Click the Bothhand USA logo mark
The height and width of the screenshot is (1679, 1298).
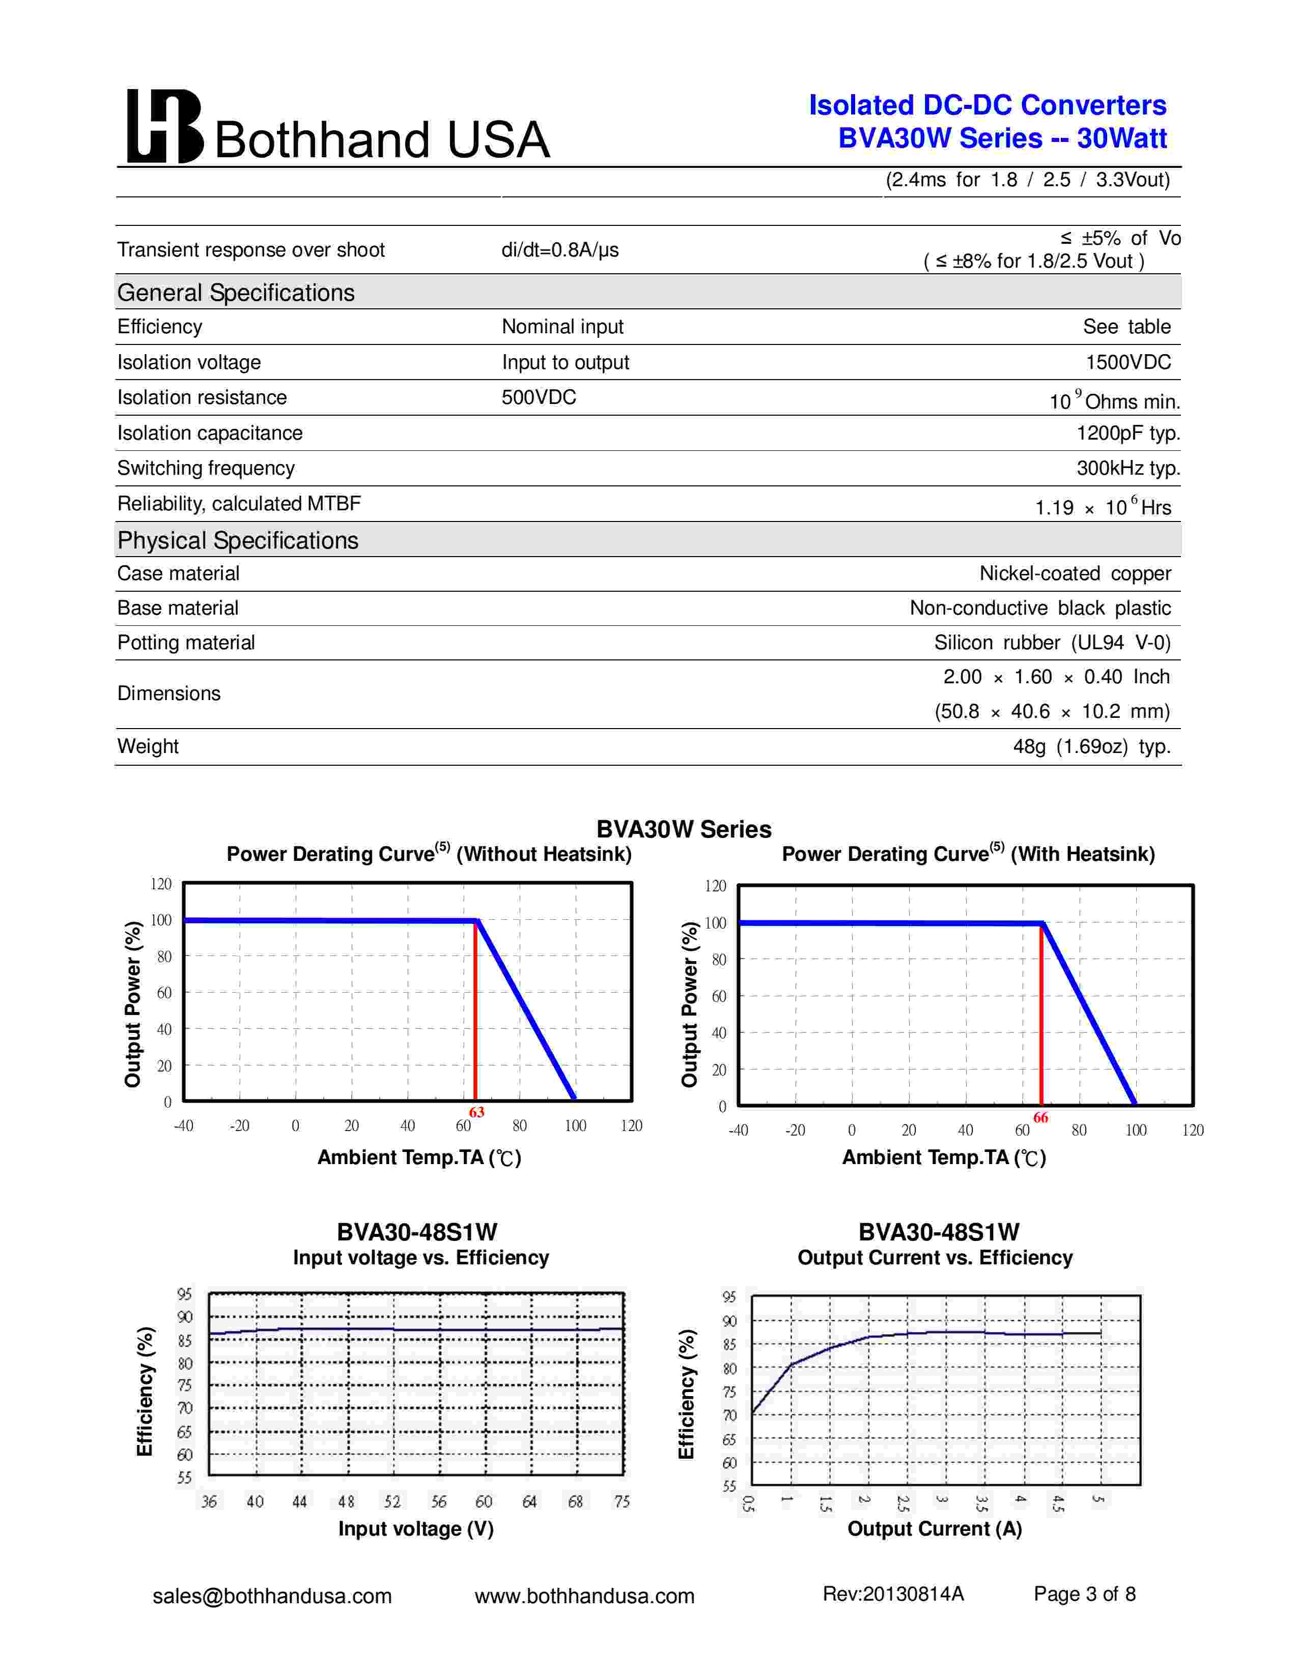pyautogui.click(x=164, y=127)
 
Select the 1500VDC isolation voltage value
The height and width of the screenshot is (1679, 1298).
pyautogui.click(x=1127, y=362)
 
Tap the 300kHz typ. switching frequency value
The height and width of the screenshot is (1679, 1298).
pyautogui.click(x=1127, y=468)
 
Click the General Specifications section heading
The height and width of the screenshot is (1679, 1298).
pyautogui.click(x=235, y=293)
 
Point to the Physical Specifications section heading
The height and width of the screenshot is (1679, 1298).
pyautogui.click(x=238, y=540)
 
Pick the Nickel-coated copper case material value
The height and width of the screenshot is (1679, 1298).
pyautogui.click(x=1074, y=573)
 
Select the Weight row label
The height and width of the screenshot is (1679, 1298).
pyautogui.click(x=148, y=746)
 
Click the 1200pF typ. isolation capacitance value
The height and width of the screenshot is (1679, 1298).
pyautogui.click(x=1127, y=433)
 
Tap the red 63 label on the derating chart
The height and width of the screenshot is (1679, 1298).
pyautogui.click(x=477, y=1112)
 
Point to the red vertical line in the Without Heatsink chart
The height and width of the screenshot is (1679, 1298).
pyautogui.click(x=475, y=1015)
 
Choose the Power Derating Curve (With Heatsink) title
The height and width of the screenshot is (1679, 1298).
pyautogui.click(x=968, y=854)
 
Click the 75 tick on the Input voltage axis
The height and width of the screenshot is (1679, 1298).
pyautogui.click(x=622, y=1501)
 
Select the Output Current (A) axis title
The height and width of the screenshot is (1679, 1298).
pyautogui.click(x=934, y=1529)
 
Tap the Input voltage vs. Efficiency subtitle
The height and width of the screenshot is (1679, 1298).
pyautogui.click(x=420, y=1258)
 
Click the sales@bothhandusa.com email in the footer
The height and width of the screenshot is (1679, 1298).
pyautogui.click(x=272, y=1597)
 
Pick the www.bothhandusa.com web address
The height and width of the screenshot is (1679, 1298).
pyautogui.click(x=584, y=1597)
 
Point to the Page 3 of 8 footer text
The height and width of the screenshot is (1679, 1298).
pyautogui.click(x=1084, y=1595)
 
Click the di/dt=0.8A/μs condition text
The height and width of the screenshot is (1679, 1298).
pyautogui.click(x=560, y=250)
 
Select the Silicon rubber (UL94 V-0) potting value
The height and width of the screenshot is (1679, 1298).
pyautogui.click(x=1052, y=643)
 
